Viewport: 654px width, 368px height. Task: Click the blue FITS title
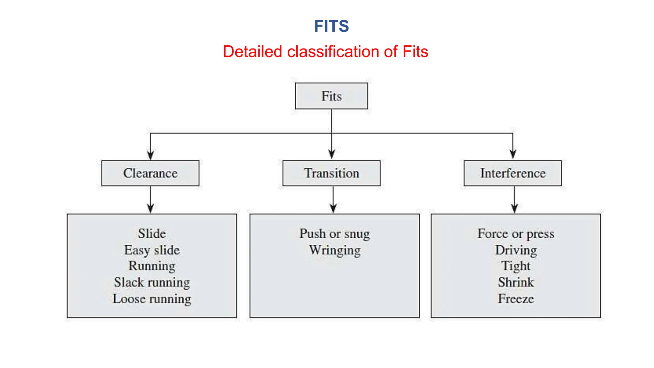pyautogui.click(x=331, y=26)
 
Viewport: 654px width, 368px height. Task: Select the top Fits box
pyautogui.click(x=331, y=96)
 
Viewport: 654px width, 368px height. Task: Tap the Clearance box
pyautogui.click(x=150, y=173)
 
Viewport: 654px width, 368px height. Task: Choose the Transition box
pyautogui.click(x=331, y=173)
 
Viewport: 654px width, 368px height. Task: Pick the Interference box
pyautogui.click(x=513, y=173)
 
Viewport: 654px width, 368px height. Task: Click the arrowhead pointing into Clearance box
pyautogui.click(x=150, y=155)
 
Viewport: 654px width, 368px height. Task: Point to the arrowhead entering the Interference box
pyautogui.click(x=513, y=154)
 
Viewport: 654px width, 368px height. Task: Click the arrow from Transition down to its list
pyautogui.click(x=333, y=200)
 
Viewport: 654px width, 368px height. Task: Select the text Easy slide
pyautogui.click(x=152, y=250)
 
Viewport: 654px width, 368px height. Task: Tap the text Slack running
pyautogui.click(x=152, y=282)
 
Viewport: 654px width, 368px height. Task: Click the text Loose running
pyautogui.click(x=152, y=299)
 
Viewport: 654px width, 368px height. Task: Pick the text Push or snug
pyautogui.click(x=334, y=234)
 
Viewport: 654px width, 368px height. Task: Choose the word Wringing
pyautogui.click(x=334, y=250)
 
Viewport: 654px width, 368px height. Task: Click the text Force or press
pyautogui.click(x=515, y=234)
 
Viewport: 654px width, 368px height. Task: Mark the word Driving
pyautogui.click(x=515, y=250)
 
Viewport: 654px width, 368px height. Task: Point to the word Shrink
pyautogui.click(x=515, y=282)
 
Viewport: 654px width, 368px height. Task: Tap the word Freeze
pyautogui.click(x=515, y=299)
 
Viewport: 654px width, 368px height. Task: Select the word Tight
pyautogui.click(x=515, y=266)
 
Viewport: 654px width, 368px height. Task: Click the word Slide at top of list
pyautogui.click(x=152, y=234)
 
